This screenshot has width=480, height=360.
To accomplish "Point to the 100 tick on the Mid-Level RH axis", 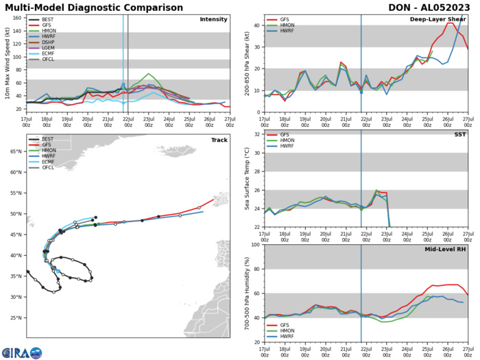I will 254,245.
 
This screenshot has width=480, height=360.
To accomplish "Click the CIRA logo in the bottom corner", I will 21,352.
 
